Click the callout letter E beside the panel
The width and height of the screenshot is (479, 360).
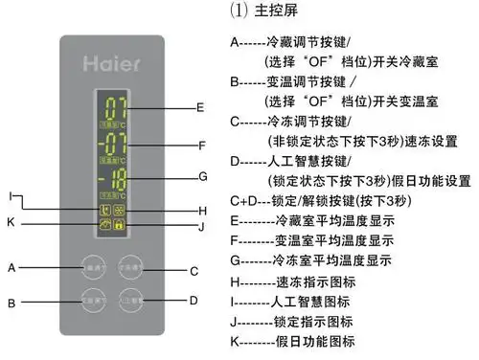pyautogui.click(x=199, y=107)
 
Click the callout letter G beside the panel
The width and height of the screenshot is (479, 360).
pyautogui.click(x=201, y=177)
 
